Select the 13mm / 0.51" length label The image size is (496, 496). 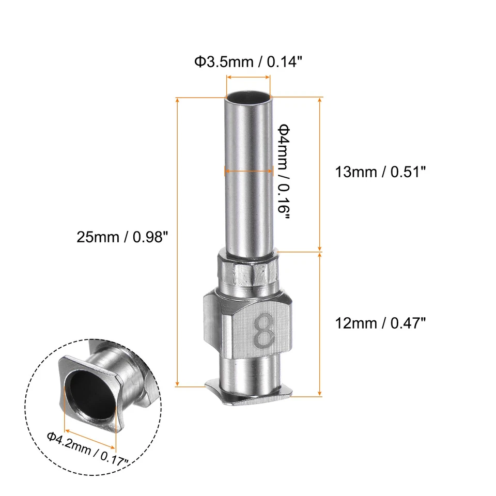pyautogui.click(x=380, y=172)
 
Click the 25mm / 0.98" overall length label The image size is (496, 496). pyautogui.click(x=122, y=237)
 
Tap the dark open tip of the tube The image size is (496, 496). pyautogui.click(x=248, y=97)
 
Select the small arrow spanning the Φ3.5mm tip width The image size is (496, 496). pyautogui.click(x=248, y=77)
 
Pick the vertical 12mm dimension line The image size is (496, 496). pyautogui.click(x=320, y=324)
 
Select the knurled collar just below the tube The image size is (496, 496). pyautogui.click(x=247, y=271)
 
